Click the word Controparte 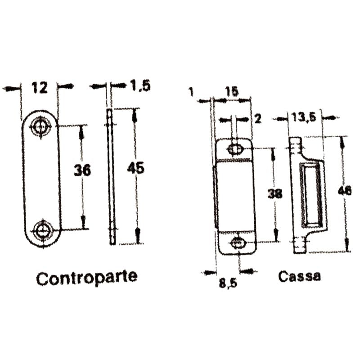[x=86, y=278]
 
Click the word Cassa [x=300, y=276]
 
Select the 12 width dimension [x=40, y=87]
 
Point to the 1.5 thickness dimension [x=139, y=85]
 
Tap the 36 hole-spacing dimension [x=82, y=170]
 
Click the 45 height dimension [x=135, y=169]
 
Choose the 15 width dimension [x=232, y=91]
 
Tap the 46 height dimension [x=345, y=191]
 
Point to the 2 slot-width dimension [x=257, y=119]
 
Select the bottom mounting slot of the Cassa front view [x=237, y=243]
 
